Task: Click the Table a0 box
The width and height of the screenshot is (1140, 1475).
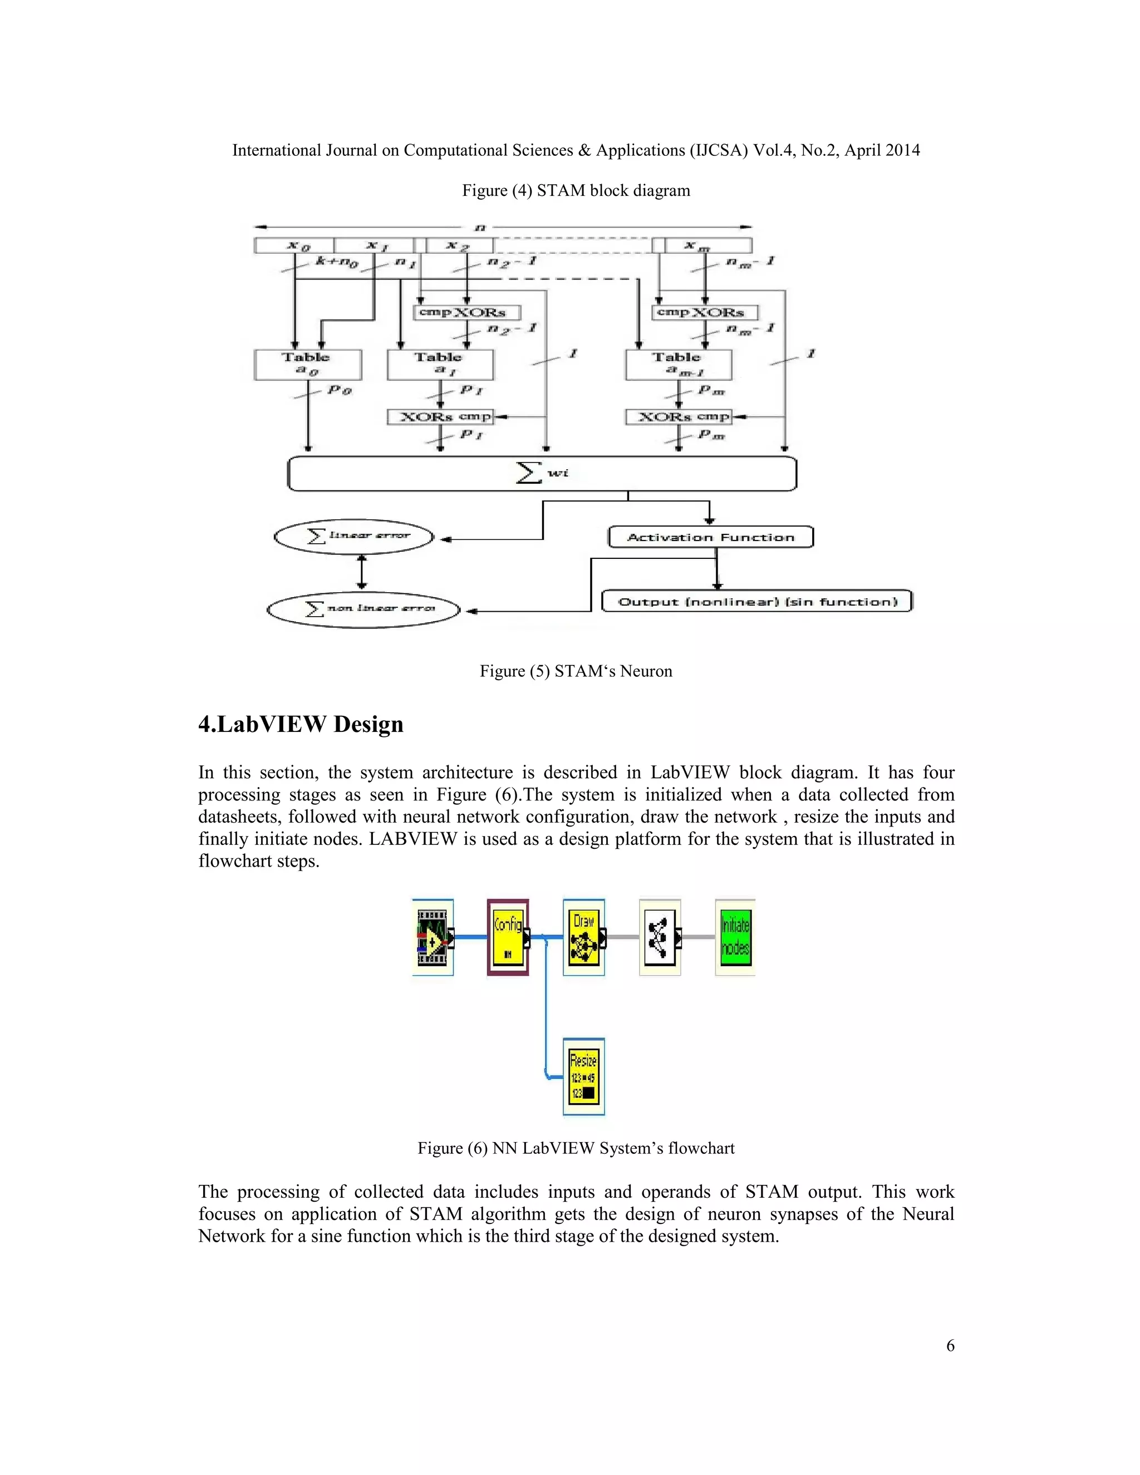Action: point(307,365)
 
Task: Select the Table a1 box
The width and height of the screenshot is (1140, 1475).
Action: point(440,365)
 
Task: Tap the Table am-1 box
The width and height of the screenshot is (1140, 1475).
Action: point(678,365)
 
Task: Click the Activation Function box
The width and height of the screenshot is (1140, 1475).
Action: point(710,537)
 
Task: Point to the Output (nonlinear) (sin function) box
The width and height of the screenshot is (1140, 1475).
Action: point(756,601)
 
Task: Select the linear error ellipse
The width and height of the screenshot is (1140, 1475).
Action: point(354,537)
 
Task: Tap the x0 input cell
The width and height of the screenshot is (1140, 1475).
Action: point(294,245)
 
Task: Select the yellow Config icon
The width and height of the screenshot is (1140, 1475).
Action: point(508,937)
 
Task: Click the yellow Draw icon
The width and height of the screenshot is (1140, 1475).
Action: point(583,937)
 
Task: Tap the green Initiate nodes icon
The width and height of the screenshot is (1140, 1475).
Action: point(735,937)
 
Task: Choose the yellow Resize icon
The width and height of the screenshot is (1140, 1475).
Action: point(583,1076)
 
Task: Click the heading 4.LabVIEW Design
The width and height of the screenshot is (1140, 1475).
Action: point(301,724)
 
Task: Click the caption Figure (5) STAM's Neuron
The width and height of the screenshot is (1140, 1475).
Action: point(576,671)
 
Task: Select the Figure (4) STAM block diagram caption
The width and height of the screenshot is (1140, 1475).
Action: point(576,190)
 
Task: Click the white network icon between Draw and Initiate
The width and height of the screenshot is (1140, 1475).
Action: point(659,937)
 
